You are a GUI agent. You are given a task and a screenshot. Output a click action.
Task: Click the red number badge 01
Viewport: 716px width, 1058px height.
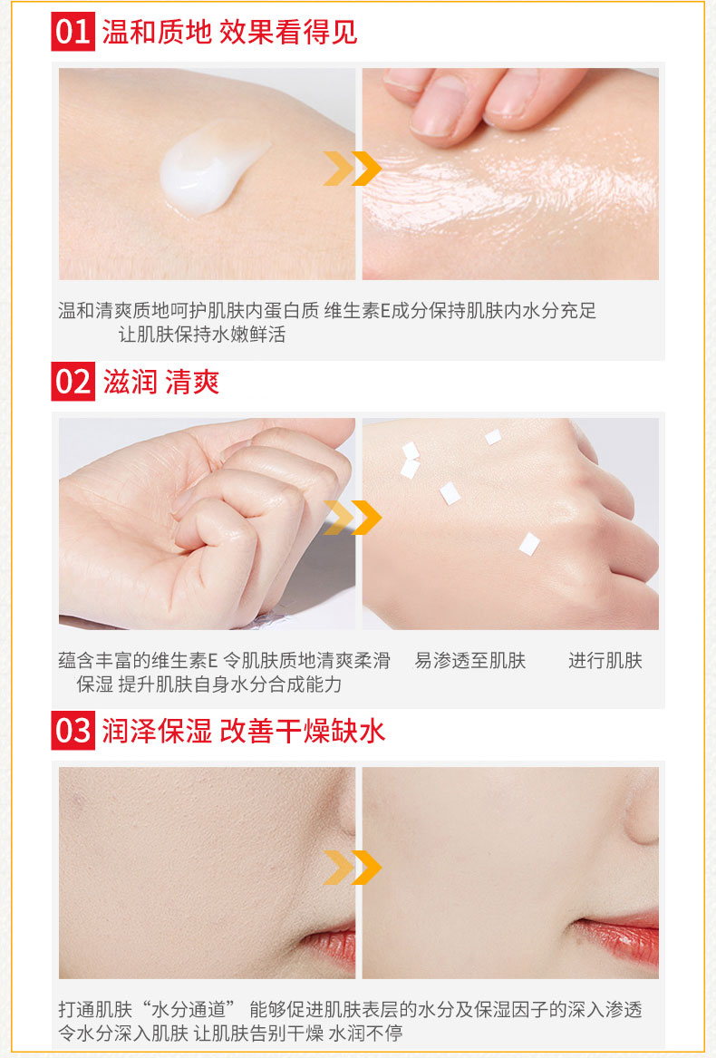[x=73, y=31]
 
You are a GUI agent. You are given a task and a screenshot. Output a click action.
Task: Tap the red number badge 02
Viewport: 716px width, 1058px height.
[x=73, y=382]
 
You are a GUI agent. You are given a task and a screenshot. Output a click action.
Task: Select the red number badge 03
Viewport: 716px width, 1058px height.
[x=73, y=730]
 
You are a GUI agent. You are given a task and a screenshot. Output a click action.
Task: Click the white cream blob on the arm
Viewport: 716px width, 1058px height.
[x=209, y=169]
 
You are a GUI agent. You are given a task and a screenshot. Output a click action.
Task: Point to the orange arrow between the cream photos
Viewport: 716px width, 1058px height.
[x=353, y=169]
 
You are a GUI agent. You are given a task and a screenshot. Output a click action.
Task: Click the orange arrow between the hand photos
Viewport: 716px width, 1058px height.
[x=353, y=518]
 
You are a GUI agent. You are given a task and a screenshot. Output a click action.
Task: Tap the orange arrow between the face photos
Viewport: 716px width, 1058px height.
[x=353, y=867]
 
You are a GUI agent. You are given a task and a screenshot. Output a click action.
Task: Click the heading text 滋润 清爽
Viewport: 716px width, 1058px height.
[x=161, y=382]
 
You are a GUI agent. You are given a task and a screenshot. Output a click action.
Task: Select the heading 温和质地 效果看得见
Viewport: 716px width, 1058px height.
[x=229, y=32]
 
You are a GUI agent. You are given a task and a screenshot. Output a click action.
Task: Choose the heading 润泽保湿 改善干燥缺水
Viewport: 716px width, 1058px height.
[x=244, y=731]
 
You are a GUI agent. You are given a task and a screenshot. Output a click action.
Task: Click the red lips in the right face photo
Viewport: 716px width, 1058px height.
[x=617, y=936]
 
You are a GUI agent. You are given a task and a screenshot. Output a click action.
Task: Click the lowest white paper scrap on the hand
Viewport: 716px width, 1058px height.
[x=529, y=544]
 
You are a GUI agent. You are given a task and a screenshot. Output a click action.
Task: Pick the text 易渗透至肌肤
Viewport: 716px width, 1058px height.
[x=470, y=661]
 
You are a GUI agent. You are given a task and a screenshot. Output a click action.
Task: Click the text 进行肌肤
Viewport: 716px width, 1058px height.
[x=605, y=661]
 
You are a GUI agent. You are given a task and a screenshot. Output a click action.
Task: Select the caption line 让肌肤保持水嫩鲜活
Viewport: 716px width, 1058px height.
[x=202, y=334]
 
